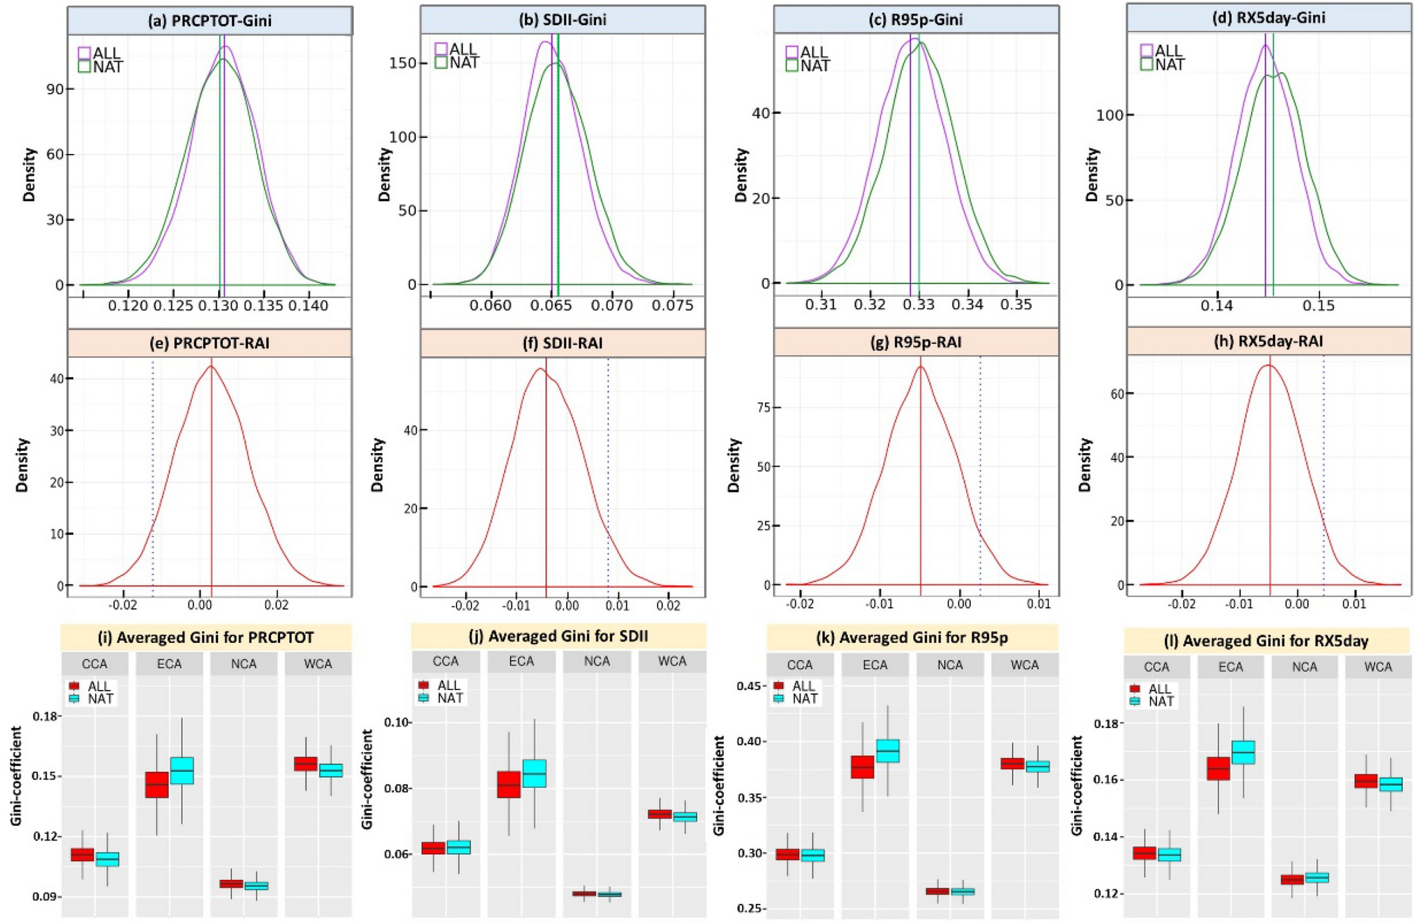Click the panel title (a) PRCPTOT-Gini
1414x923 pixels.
point(210,20)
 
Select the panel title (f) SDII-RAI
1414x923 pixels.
point(563,343)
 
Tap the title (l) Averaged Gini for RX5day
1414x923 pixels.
point(1266,641)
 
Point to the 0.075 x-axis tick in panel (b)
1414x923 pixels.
point(673,305)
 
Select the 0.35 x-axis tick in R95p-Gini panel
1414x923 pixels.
point(1016,304)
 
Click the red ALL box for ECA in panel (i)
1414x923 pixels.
point(157,784)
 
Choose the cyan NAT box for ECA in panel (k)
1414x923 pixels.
point(888,751)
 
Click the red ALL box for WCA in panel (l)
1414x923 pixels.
point(1365,781)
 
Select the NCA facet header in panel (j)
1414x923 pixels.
point(597,661)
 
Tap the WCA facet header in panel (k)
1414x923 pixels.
point(1024,665)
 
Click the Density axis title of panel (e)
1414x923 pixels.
point(23,464)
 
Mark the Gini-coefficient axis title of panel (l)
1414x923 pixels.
point(1076,784)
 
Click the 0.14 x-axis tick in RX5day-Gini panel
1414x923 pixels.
point(1216,305)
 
